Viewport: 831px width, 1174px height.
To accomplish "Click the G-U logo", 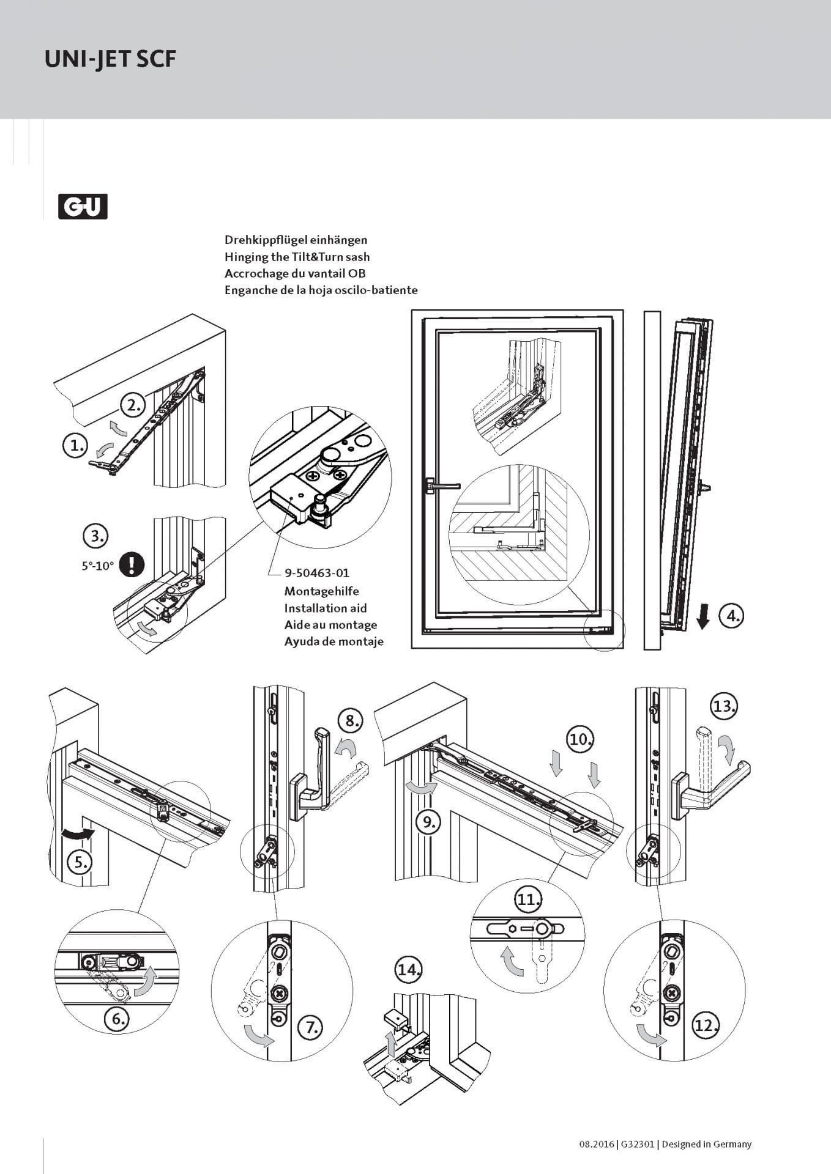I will (83, 206).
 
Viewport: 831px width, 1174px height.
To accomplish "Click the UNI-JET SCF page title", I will (110, 59).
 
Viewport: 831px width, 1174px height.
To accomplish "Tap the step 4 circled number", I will (732, 615).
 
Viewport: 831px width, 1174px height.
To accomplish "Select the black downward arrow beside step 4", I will (703, 616).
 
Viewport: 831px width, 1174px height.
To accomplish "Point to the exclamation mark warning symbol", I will (132, 564).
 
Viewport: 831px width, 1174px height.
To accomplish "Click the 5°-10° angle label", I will (98, 566).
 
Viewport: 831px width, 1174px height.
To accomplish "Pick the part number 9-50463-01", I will (316, 573).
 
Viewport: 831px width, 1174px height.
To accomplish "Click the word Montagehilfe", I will (321, 591).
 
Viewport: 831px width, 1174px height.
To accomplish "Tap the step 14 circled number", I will (409, 969).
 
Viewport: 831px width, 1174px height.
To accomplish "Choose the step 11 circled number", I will (527, 899).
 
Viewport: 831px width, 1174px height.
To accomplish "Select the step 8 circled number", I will (351, 720).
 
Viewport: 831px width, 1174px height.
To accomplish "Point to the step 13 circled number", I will (724, 706).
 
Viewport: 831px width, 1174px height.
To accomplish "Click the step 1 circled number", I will (76, 445).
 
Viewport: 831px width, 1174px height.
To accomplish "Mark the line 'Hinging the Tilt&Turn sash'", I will (297, 257).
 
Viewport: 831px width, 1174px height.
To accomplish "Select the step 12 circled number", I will (705, 1025).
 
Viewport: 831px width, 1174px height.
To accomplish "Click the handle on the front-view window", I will (442, 485).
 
